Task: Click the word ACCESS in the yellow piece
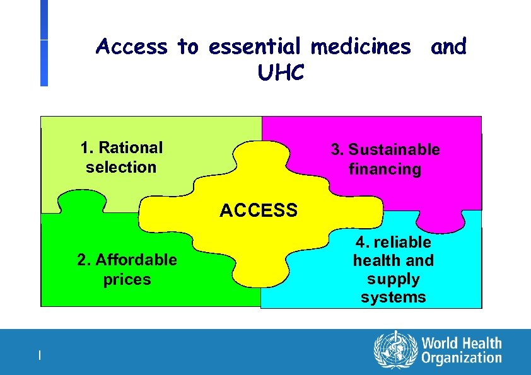click(259, 211)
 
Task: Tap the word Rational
click(131, 147)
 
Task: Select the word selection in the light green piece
click(121, 167)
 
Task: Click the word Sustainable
click(394, 149)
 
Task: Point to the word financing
click(385, 169)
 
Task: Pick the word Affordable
click(136, 260)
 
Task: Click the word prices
click(127, 279)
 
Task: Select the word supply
click(394, 279)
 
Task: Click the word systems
click(394, 297)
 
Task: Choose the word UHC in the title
click(281, 73)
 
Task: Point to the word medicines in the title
click(363, 47)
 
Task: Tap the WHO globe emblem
click(395, 350)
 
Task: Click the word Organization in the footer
click(462, 359)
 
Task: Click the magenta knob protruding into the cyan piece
click(441, 221)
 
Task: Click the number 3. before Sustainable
click(338, 149)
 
